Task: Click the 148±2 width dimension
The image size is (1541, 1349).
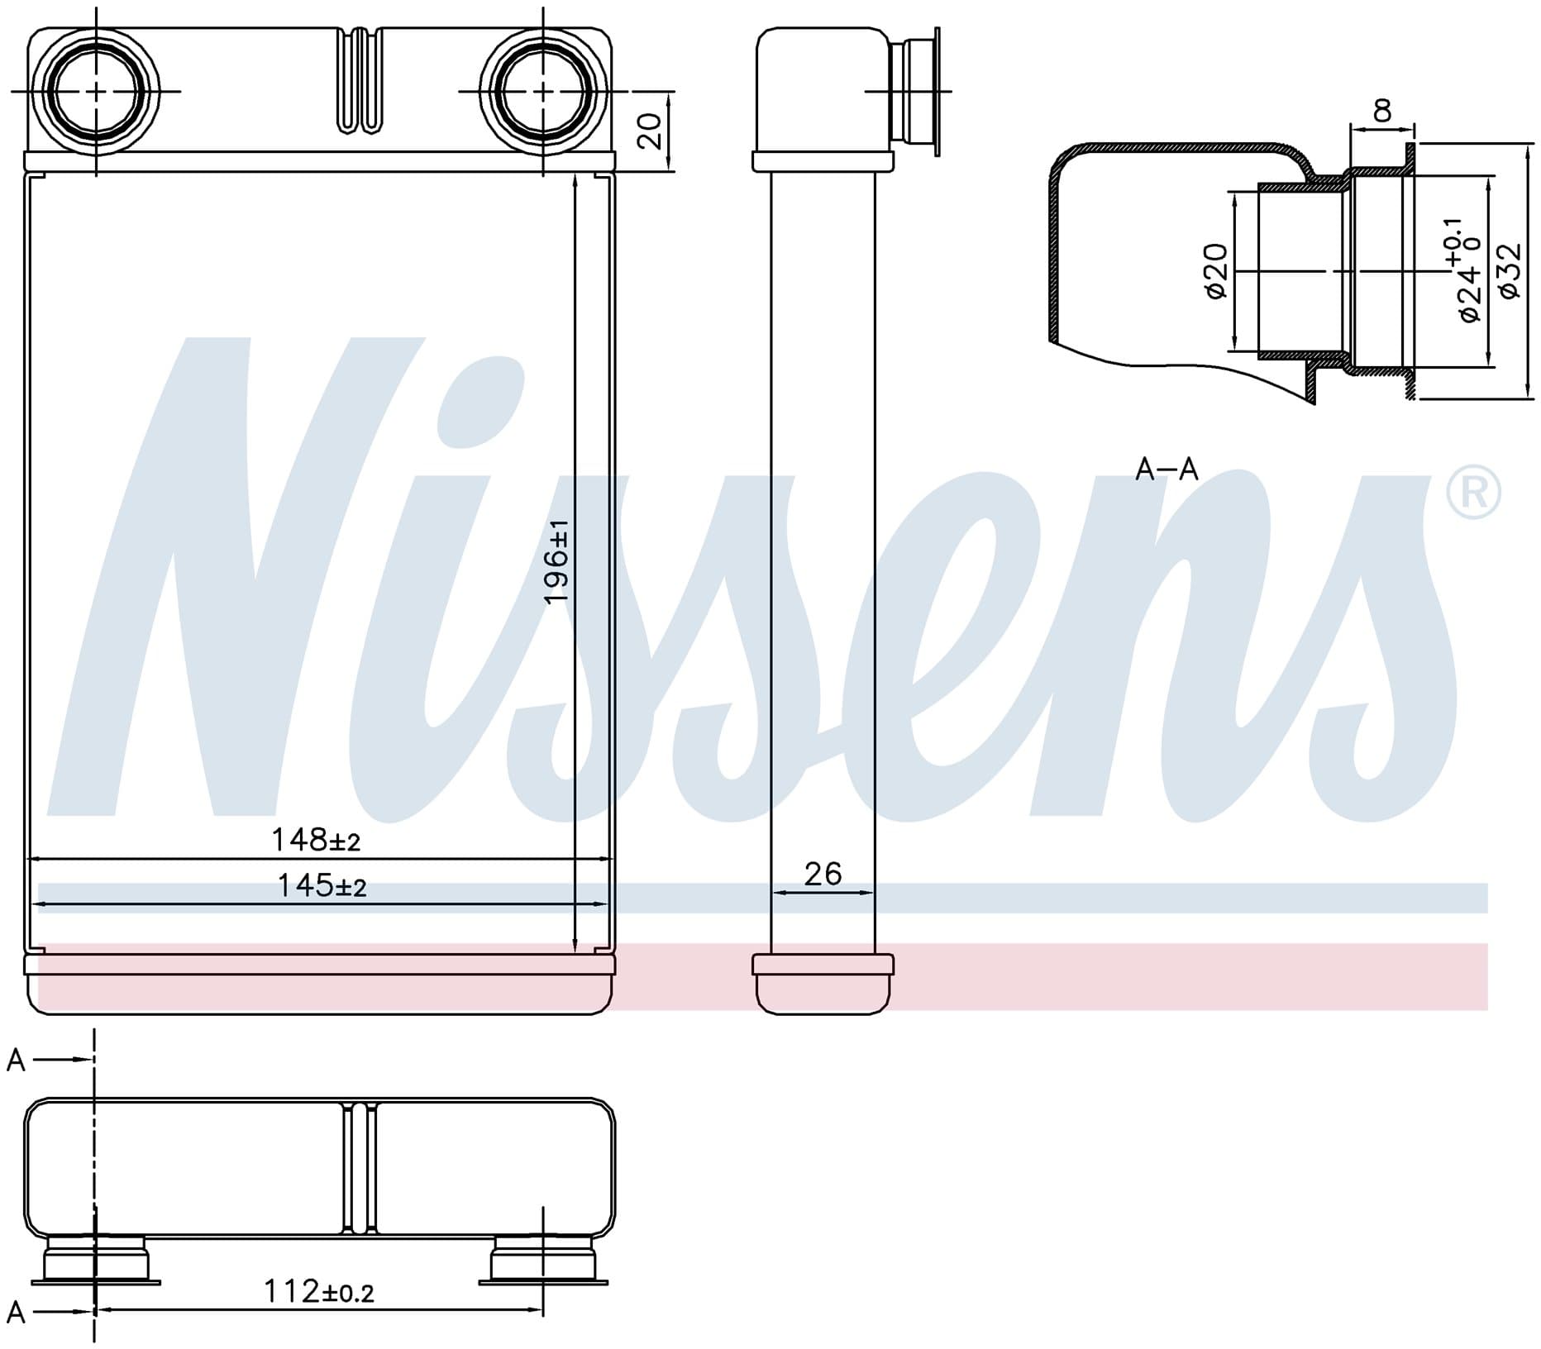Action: pyautogui.click(x=317, y=841)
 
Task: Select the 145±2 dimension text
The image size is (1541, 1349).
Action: pyautogui.click(x=322, y=886)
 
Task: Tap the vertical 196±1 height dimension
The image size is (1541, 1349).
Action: pyautogui.click(x=556, y=562)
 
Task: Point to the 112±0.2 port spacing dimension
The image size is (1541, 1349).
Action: pyautogui.click(x=318, y=1290)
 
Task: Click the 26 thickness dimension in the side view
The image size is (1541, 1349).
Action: pyautogui.click(x=823, y=874)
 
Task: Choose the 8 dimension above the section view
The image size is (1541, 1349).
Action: pyautogui.click(x=1381, y=110)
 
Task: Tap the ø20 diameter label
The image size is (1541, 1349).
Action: pyautogui.click(x=1214, y=270)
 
